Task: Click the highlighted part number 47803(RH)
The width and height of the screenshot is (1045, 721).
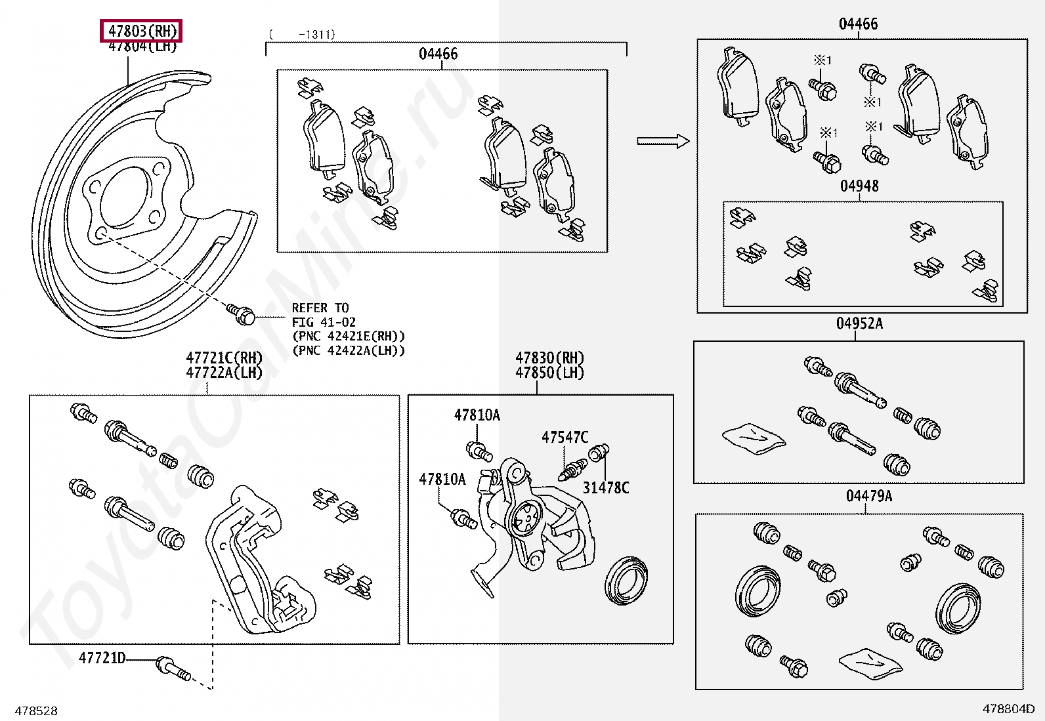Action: coord(142,31)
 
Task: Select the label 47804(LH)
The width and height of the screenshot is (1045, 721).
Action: coord(142,47)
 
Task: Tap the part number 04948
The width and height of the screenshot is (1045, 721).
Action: coord(859,186)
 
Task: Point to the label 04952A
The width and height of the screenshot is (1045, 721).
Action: coord(859,324)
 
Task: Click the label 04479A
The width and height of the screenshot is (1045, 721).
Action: coord(868,496)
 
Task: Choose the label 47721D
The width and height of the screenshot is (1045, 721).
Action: coord(102,657)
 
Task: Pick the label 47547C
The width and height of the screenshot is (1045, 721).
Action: coord(565,438)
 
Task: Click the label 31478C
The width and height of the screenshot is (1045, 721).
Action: coord(605,487)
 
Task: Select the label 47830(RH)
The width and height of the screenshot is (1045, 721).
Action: coord(549,358)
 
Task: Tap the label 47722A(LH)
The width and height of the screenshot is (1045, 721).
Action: coord(224,373)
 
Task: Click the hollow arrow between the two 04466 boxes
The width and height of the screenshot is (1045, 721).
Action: coord(662,141)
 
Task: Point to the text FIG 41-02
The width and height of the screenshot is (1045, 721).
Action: coord(324,322)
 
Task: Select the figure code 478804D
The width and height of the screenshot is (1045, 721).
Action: coord(1008,709)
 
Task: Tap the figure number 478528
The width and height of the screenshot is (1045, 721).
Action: coord(36,711)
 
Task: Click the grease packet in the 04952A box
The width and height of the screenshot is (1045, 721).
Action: coord(753,437)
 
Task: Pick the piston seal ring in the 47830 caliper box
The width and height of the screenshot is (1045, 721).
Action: coord(626,580)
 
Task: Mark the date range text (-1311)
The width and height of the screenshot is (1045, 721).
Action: coord(302,34)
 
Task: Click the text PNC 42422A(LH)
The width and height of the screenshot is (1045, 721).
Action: coord(348,351)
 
